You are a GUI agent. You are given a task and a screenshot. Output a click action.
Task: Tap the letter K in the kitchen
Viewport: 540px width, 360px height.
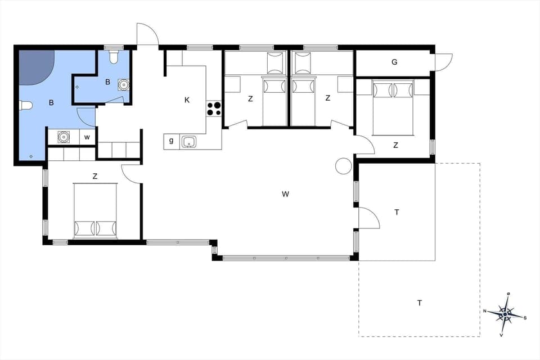(187, 100)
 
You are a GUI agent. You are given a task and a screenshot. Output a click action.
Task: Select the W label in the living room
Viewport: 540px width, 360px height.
(286, 194)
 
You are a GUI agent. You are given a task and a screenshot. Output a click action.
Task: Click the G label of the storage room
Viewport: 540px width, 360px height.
(394, 62)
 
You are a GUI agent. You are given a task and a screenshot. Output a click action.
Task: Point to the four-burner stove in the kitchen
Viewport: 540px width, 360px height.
(214, 109)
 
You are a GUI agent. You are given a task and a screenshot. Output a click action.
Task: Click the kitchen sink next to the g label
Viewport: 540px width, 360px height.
(190, 142)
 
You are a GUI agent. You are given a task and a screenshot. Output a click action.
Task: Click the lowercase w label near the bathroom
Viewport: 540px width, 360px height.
(87, 137)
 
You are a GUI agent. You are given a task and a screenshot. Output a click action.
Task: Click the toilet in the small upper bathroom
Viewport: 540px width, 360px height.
(114, 57)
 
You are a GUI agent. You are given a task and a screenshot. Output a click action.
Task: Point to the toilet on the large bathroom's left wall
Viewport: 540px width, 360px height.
(25, 105)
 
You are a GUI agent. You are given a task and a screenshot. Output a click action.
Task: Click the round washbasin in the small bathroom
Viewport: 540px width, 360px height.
(123, 85)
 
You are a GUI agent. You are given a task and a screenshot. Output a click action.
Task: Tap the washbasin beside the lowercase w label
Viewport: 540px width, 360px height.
(64, 137)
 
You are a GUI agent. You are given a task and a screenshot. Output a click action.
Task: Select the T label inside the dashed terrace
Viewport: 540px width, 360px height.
(420, 303)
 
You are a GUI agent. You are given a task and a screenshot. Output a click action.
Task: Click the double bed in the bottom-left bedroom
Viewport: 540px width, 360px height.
(95, 211)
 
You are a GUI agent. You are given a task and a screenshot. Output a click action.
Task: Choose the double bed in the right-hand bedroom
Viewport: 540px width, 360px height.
(393, 107)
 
